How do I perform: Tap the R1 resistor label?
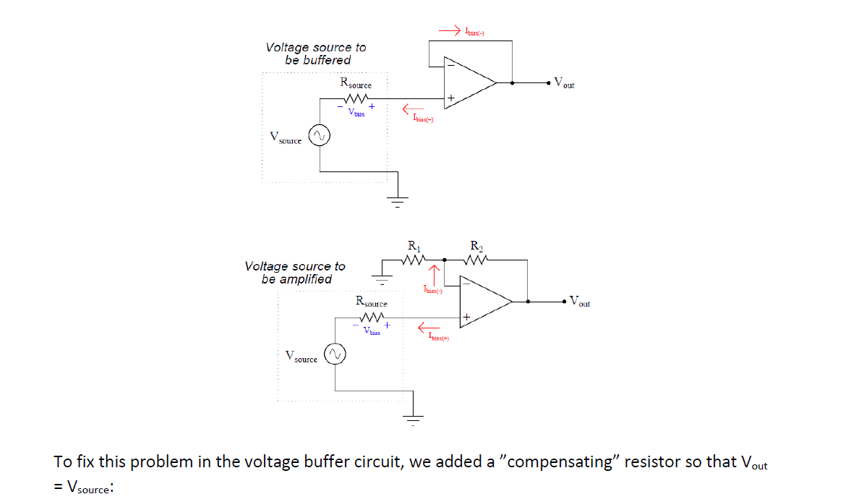click(x=413, y=246)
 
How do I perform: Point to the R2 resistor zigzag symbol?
click(x=478, y=259)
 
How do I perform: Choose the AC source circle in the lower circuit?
click(x=333, y=354)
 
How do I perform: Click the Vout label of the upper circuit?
click(x=564, y=83)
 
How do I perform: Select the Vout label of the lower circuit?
click(x=579, y=301)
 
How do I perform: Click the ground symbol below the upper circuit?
click(x=396, y=200)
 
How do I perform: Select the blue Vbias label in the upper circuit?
click(x=356, y=113)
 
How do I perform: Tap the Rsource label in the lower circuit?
click(x=371, y=302)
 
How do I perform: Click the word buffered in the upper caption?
click(x=327, y=61)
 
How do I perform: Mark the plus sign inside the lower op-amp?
click(x=467, y=317)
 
